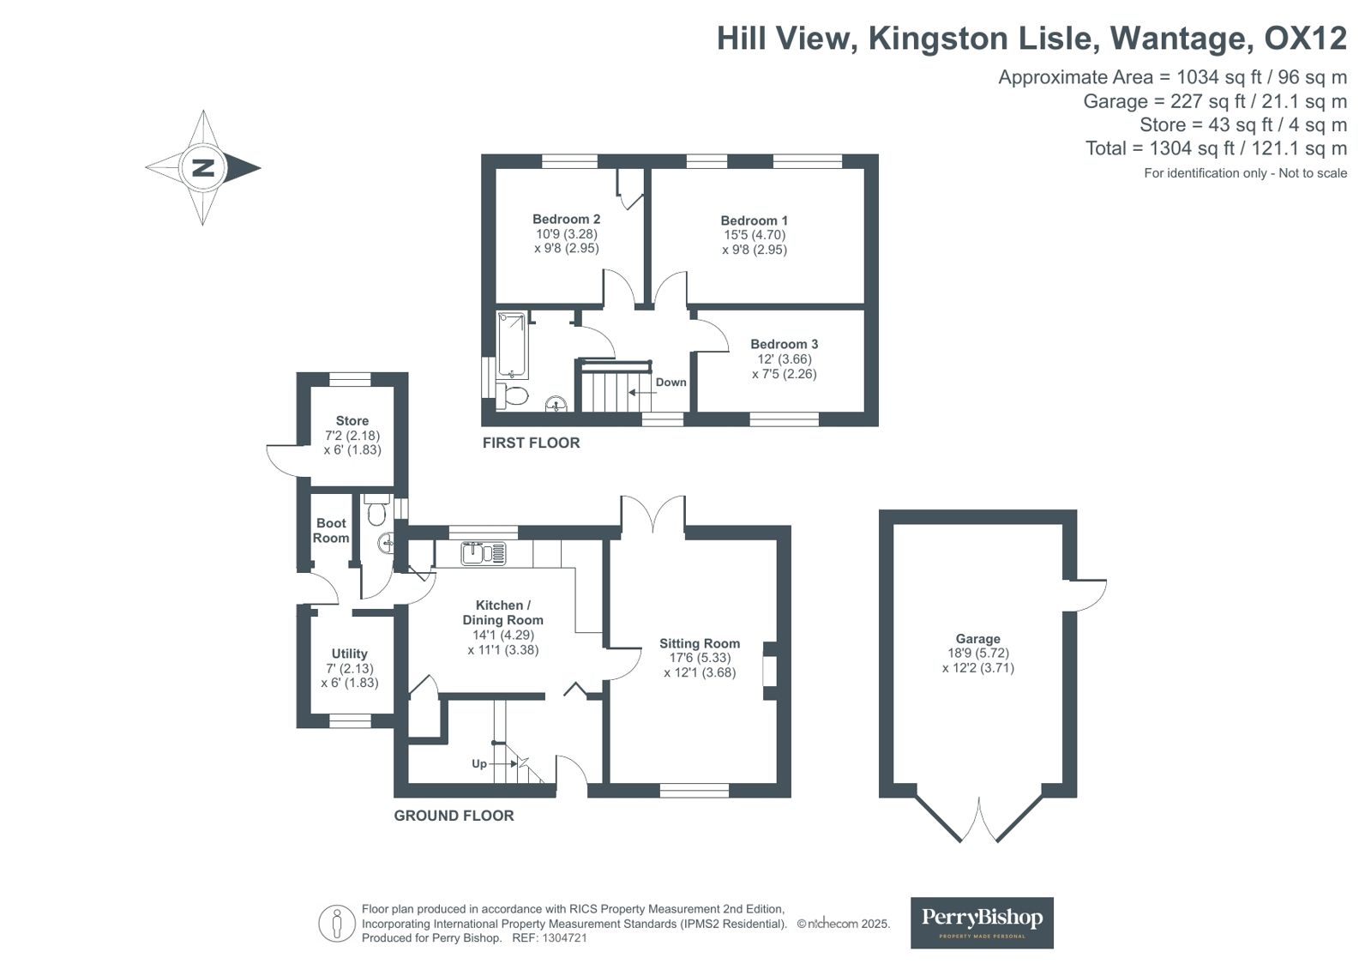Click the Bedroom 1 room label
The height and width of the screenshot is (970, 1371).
click(754, 220)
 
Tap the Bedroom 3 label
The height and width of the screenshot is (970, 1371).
click(784, 344)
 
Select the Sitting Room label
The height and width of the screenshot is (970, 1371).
click(700, 643)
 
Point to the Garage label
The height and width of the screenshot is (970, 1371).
click(977, 639)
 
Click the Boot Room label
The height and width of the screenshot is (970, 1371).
click(331, 530)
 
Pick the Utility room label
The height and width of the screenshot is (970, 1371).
click(350, 654)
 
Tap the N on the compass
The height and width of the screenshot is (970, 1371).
click(202, 167)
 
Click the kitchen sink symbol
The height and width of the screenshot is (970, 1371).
click(484, 553)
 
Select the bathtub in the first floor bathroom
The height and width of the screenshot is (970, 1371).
click(512, 346)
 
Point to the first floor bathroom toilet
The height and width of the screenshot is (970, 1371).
click(512, 395)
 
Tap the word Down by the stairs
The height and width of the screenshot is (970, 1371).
click(670, 383)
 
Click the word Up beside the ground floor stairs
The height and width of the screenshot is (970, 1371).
click(479, 763)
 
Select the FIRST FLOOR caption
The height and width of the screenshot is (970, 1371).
click(531, 443)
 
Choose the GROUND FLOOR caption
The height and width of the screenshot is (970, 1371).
click(454, 816)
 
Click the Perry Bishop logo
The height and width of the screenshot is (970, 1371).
click(982, 923)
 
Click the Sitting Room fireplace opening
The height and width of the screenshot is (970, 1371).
click(769, 671)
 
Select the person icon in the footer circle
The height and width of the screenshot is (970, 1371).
click(336, 924)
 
